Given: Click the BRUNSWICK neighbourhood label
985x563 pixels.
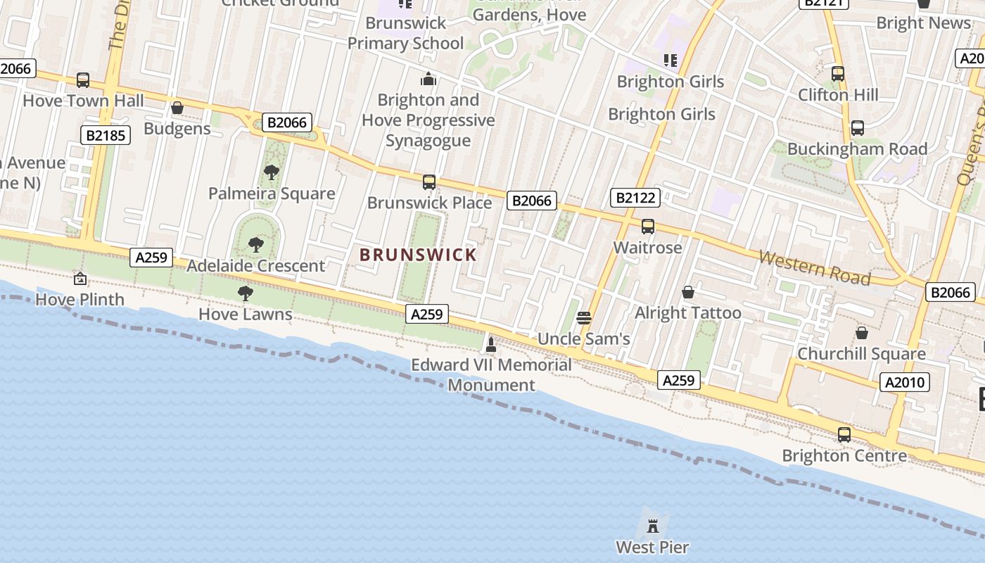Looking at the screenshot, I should coord(418,255).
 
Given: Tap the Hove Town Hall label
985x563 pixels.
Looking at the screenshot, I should coord(83,101).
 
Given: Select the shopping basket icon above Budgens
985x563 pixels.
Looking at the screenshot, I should coord(177,108).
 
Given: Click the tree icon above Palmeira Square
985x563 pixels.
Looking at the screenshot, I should coord(272,172).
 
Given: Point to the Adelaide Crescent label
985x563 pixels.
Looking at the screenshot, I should coord(256,266).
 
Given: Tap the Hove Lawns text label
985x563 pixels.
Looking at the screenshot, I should coord(246,314).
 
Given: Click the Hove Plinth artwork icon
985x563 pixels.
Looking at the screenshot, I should coord(80,279).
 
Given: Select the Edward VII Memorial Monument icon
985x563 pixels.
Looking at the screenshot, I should coord(491,344).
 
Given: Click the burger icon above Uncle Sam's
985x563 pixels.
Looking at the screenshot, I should coord(583,318).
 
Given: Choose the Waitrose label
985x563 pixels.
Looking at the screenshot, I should coord(648,248).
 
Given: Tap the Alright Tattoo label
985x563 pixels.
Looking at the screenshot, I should coord(688,313).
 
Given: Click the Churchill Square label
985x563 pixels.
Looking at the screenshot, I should coord(861,353).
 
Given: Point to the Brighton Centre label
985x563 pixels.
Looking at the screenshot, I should coord(844,456).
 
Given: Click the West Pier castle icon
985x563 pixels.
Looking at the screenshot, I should coord(653,525).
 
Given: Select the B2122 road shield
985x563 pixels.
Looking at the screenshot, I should coord(635,198).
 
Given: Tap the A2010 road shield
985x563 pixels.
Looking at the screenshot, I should coord(905,382).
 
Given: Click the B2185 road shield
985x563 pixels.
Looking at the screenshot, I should coord(106,135).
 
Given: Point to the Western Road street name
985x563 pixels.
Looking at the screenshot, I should coord(815,268).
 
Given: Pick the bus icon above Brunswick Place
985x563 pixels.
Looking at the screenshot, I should coord(429,182).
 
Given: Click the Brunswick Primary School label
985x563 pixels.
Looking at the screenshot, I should coord(406,33).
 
